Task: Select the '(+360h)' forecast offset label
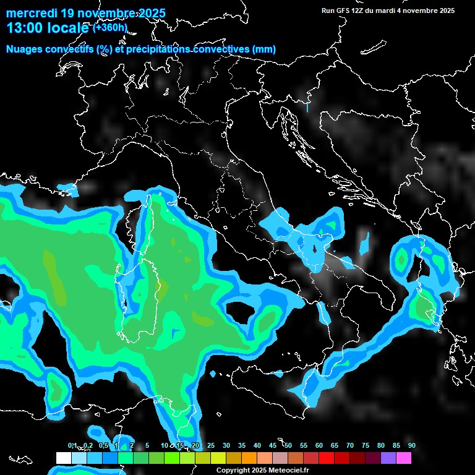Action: click(111, 27)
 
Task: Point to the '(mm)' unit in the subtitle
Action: click(263, 49)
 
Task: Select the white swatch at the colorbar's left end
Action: click(63, 458)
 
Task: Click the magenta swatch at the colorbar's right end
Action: click(404, 458)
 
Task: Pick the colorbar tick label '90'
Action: click(411, 445)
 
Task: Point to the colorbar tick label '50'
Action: click(288, 445)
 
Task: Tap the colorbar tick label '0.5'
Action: click(103, 445)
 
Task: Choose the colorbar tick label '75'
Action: click(365, 445)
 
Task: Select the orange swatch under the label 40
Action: click(249, 458)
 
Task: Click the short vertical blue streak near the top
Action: click(307, 107)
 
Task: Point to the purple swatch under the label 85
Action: click(388, 458)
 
